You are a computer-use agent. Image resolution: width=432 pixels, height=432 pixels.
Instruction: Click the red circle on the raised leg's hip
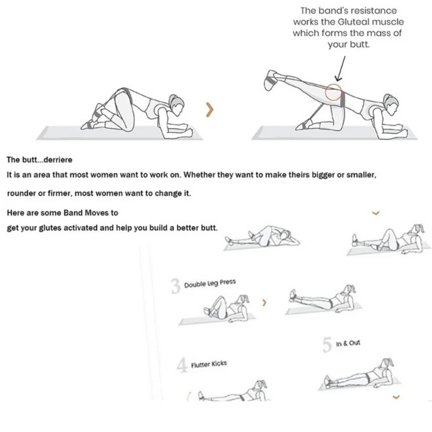click(333, 92)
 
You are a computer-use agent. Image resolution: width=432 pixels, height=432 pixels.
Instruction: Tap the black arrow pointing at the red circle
click(341, 69)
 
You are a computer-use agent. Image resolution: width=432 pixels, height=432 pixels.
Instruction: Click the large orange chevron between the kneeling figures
click(210, 110)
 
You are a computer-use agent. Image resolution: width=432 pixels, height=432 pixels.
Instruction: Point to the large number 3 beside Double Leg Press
click(175, 286)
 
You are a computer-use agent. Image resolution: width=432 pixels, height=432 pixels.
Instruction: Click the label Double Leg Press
click(210, 283)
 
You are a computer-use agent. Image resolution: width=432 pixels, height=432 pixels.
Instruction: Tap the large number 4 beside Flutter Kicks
click(182, 366)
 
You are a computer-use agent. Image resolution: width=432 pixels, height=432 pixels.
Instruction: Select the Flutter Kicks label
click(209, 364)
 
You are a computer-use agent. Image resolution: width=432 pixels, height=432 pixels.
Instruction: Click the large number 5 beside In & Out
click(327, 345)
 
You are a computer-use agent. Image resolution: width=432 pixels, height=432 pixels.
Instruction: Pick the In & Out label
click(348, 343)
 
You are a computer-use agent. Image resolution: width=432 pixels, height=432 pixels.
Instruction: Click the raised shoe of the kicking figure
click(271, 80)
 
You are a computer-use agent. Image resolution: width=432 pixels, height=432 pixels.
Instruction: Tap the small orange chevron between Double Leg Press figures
click(265, 302)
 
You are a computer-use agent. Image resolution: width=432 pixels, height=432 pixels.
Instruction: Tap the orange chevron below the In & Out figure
click(396, 397)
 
